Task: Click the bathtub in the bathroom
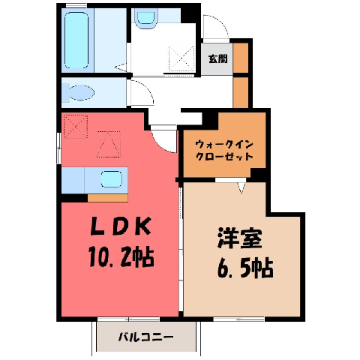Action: coord(76,40)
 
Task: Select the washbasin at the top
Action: coord(146,18)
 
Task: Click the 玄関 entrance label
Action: coord(218,59)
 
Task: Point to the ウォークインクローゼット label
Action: coord(224,151)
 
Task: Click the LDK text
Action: coord(121,226)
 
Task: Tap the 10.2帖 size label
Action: coord(121,256)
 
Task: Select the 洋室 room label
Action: coord(240,238)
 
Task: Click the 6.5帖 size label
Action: coord(245,268)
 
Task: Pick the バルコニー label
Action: coord(145,337)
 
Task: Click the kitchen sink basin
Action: coord(112,179)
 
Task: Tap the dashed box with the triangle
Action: coord(109,144)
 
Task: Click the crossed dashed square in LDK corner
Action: coord(76,126)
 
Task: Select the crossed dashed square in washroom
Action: coord(181,58)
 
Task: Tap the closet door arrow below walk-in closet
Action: coord(241,188)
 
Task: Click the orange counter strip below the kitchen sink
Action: coord(108,198)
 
